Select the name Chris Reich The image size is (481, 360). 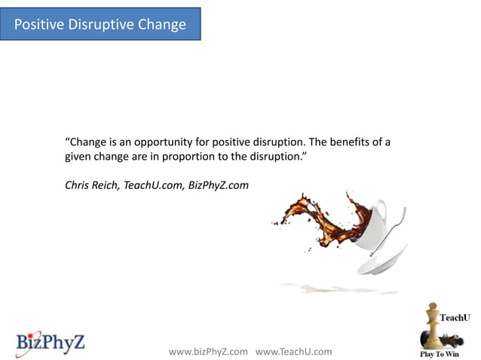coord(91,184)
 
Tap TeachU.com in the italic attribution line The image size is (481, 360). coord(151,184)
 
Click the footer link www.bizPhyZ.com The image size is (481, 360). coord(208,352)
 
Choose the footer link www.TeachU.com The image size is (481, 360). coord(294,352)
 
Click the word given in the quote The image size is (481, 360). coord(78,158)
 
